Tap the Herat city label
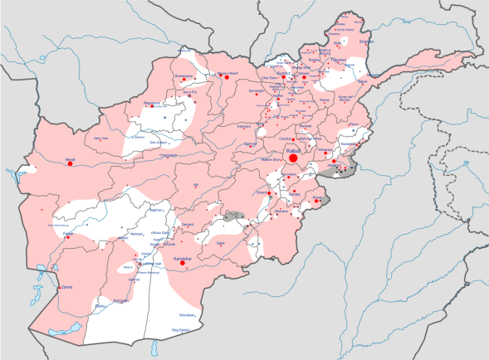pos(70,157)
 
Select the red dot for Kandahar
pos(187,266)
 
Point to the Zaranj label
pos(66,287)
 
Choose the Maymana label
pos(152,103)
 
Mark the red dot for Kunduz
pos(275,77)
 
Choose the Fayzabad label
pos(335,61)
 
